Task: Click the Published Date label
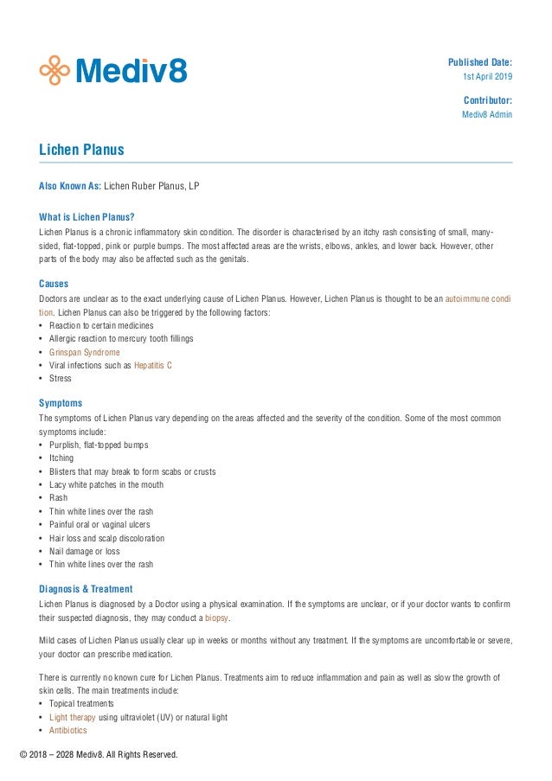point(479,62)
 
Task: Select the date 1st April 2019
point(488,78)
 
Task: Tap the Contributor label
point(487,99)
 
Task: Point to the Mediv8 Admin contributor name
point(486,115)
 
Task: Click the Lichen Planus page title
point(81,150)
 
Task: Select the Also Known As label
point(69,186)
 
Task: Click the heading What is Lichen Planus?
point(87,217)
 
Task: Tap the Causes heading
point(54,284)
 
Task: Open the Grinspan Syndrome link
point(84,352)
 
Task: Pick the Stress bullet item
point(61,379)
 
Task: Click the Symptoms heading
point(61,403)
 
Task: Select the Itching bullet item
point(61,458)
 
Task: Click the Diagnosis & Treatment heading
point(86,589)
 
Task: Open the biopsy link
point(216,618)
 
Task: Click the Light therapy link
point(72,717)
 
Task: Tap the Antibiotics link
point(67,730)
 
